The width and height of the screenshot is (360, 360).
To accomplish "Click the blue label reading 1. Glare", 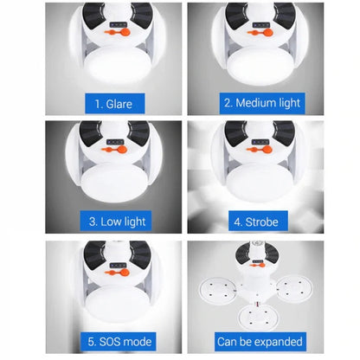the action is point(115,103).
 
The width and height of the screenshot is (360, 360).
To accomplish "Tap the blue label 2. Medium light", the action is point(262,103).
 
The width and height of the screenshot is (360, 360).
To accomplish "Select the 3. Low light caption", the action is point(116,221).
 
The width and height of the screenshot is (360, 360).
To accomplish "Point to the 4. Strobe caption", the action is point(258,222).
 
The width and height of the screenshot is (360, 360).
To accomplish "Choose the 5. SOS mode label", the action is point(118,342).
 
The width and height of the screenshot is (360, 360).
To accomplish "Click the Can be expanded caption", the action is point(260,342).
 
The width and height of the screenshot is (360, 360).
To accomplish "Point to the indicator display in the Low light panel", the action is point(115,142).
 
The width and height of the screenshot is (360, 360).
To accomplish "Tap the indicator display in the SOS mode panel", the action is point(118,266).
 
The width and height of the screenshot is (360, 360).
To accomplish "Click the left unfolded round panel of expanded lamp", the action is point(217,291).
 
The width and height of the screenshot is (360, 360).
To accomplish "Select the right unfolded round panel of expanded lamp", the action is point(294,289).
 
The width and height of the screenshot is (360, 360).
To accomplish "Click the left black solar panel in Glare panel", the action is point(93,15).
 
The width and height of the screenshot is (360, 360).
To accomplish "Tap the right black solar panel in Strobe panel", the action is point(285,133).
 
